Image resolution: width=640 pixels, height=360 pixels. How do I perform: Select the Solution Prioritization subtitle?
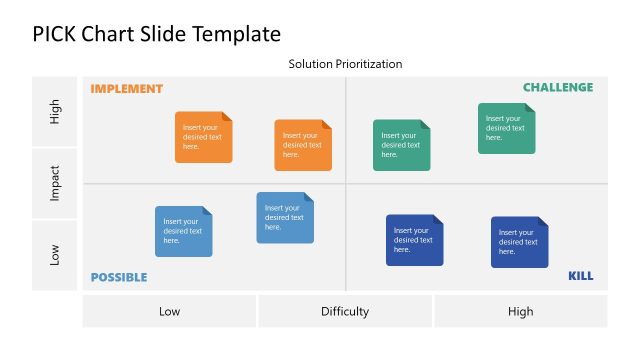(345, 64)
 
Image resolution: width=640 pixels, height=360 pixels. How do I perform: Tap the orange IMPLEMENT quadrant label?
(126, 89)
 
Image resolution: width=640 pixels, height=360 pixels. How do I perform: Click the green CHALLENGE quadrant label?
(557, 88)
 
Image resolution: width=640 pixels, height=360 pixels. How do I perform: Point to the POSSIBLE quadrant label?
(119, 277)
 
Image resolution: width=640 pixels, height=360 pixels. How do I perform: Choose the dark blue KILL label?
(580, 276)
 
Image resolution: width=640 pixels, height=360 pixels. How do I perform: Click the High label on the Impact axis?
(56, 112)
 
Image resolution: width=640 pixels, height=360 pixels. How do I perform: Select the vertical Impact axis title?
(56, 183)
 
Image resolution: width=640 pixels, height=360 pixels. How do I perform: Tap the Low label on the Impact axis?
(56, 255)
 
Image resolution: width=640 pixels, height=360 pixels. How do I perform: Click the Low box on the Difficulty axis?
(169, 311)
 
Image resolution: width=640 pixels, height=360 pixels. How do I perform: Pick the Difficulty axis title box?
(345, 311)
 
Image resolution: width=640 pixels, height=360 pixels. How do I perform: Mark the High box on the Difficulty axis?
(520, 311)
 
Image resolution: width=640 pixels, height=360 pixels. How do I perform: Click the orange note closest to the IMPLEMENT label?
(203, 137)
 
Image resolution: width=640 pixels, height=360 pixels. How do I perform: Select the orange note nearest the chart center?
(303, 145)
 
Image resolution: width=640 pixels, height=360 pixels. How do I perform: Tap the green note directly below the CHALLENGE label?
(506, 128)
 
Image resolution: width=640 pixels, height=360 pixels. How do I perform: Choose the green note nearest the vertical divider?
(402, 145)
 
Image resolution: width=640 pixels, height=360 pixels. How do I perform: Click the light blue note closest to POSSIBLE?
(183, 231)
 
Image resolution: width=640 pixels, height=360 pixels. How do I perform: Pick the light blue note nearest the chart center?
(285, 217)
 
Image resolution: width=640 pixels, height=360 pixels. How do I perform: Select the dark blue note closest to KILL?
(519, 242)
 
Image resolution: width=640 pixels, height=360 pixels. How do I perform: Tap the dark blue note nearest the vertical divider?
(415, 240)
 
